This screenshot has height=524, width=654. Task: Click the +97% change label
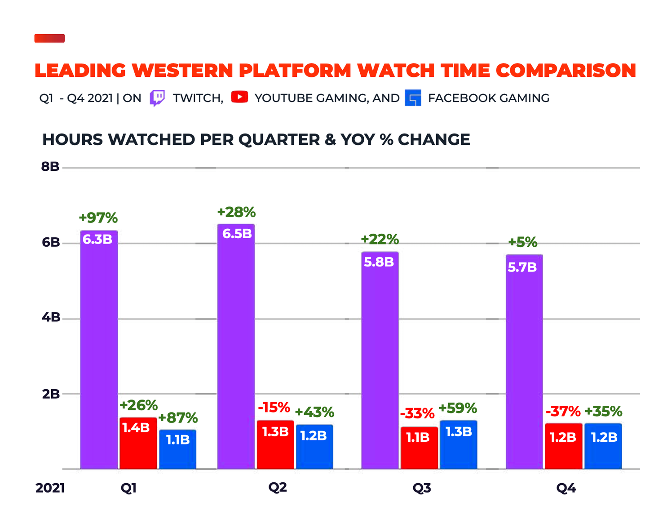pyautogui.click(x=98, y=218)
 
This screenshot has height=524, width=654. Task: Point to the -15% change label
pyautogui.click(x=274, y=408)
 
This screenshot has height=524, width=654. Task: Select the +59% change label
pyautogui.click(x=458, y=408)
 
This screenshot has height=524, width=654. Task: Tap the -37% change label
pyautogui.click(x=563, y=411)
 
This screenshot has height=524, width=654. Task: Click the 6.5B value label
pyautogui.click(x=237, y=234)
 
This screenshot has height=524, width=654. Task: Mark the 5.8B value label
pyautogui.click(x=379, y=262)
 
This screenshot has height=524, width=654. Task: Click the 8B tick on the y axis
pyautogui.click(x=50, y=167)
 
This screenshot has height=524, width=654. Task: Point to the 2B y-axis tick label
pyautogui.click(x=51, y=394)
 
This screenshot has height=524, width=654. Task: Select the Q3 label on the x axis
pyautogui.click(x=422, y=488)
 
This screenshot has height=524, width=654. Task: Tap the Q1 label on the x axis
pyautogui.click(x=128, y=488)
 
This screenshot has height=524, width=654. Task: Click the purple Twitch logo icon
pyautogui.click(x=157, y=98)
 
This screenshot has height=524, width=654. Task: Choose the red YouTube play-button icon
pyautogui.click(x=239, y=97)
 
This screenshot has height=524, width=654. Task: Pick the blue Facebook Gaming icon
pyautogui.click(x=413, y=98)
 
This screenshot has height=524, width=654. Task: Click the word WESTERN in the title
pyautogui.click(x=183, y=71)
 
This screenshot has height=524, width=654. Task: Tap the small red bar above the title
pyautogui.click(x=49, y=38)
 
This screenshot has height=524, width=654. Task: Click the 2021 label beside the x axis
pyautogui.click(x=50, y=488)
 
